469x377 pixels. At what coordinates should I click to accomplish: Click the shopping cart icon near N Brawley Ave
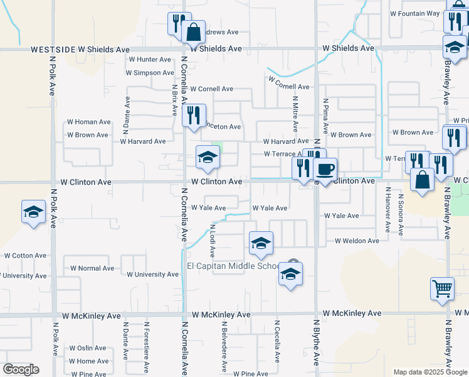pyautogui.click(x=442, y=288)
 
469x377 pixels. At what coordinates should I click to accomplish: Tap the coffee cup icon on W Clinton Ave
pyautogui.click(x=325, y=169)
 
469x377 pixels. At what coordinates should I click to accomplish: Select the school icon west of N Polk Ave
pyautogui.click(x=34, y=212)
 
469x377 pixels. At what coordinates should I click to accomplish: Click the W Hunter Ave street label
pyautogui.click(x=149, y=60)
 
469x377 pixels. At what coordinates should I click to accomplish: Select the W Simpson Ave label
pyautogui.click(x=149, y=73)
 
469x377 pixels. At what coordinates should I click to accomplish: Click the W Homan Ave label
pyautogui.click(x=88, y=122)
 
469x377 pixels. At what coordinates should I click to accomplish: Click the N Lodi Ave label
pyautogui.click(x=213, y=242)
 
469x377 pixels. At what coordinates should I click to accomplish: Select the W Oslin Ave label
pyautogui.click(x=88, y=348)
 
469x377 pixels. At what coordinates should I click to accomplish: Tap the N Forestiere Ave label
pyautogui.click(x=145, y=348)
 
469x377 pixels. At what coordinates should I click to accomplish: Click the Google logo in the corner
pyautogui.click(x=21, y=369)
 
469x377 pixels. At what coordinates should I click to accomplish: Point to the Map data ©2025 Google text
pyautogui.click(x=430, y=372)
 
